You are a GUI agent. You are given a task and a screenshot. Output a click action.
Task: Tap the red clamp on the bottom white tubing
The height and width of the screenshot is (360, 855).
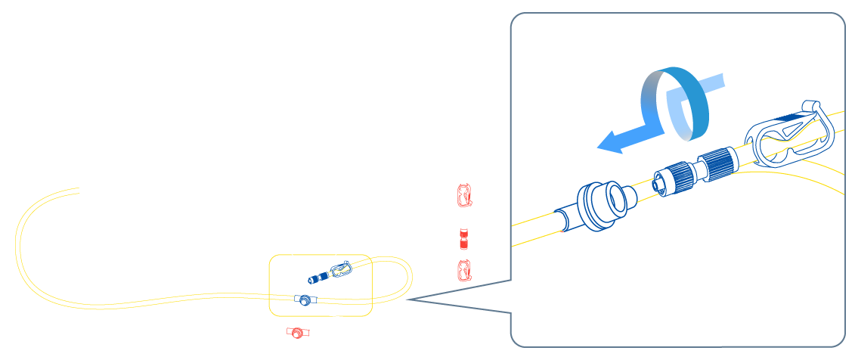click(297, 333)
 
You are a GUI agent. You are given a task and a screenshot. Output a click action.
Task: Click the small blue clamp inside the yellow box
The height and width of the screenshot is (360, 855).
click(342, 268)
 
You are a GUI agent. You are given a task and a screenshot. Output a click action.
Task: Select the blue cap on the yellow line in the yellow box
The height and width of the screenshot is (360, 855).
click(305, 299)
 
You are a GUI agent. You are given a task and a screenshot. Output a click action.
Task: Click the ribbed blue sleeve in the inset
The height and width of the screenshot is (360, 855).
click(717, 163)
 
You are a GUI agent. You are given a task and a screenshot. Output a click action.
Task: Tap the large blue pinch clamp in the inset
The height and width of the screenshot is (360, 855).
click(789, 136)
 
